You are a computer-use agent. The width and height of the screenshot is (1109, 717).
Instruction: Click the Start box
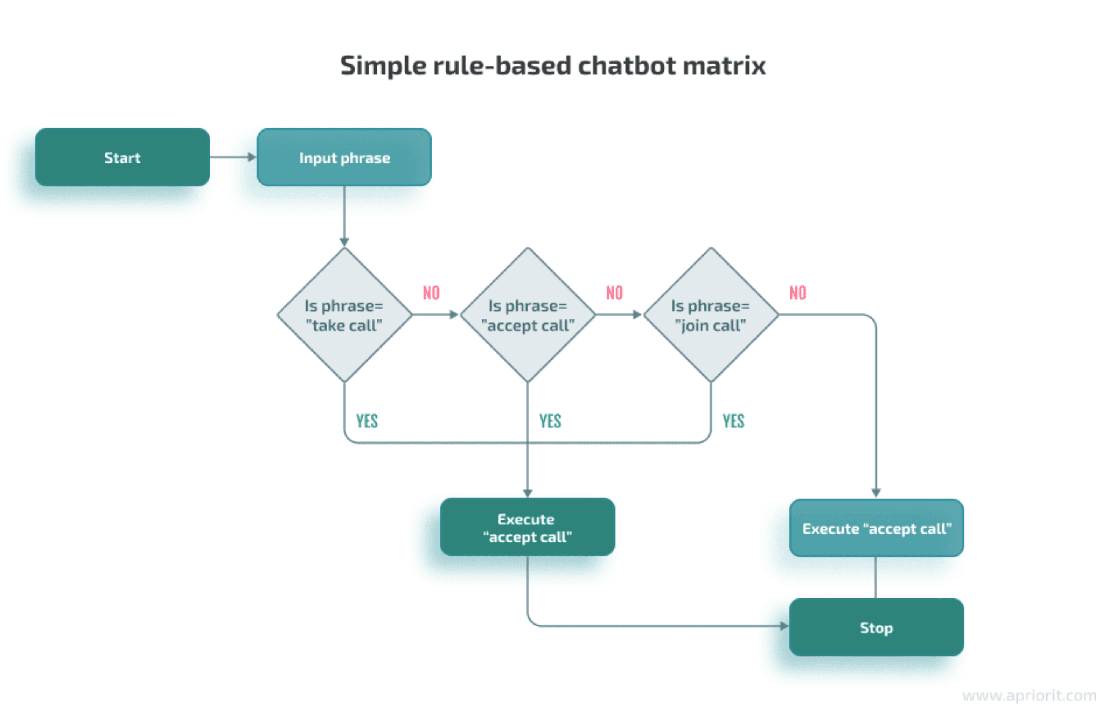[x=122, y=157]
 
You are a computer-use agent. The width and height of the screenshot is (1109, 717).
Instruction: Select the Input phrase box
[x=344, y=157]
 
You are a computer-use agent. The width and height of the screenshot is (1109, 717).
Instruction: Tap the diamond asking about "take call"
[x=344, y=315]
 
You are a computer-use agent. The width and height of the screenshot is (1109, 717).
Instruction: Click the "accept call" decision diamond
[x=528, y=315]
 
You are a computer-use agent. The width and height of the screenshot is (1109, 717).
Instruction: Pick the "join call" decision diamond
[x=711, y=315]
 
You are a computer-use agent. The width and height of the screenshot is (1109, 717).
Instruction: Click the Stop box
[x=876, y=627]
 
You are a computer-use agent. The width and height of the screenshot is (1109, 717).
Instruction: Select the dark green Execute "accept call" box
[x=527, y=527]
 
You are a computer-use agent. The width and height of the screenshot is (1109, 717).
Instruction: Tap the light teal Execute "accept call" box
[x=876, y=528]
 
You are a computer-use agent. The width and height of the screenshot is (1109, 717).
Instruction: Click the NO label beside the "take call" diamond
[x=431, y=293]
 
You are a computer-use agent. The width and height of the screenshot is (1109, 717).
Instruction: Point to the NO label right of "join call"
[x=797, y=293]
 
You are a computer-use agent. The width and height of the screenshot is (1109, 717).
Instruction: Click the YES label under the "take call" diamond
[x=367, y=421]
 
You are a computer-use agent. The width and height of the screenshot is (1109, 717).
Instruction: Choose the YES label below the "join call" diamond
[x=733, y=421]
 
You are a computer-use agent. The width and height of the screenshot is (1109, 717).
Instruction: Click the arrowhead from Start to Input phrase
[x=252, y=157]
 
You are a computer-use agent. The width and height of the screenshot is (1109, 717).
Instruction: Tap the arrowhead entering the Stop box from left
[x=784, y=626]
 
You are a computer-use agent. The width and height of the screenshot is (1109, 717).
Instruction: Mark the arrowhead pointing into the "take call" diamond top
[x=344, y=242]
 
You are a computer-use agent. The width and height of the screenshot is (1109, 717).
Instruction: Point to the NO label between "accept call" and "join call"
[x=614, y=293]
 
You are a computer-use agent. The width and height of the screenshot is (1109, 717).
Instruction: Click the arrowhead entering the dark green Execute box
[x=528, y=493]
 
